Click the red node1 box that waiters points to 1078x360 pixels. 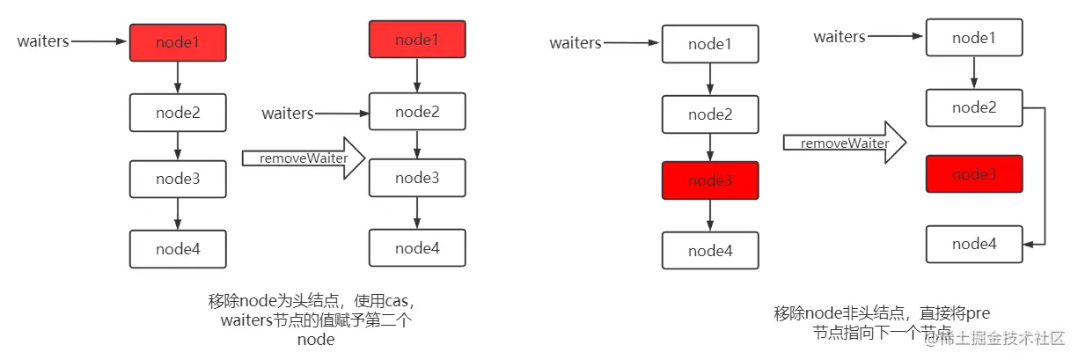(178, 42)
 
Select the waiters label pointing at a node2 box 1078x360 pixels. (288, 114)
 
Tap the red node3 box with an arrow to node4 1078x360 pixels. (710, 180)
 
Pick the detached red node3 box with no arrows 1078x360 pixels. (973, 174)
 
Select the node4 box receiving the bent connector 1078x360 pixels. (973, 243)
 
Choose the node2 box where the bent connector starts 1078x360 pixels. (973, 107)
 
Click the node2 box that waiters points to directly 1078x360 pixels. (417, 112)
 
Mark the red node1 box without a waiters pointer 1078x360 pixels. (417, 40)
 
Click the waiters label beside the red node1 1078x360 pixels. (43, 41)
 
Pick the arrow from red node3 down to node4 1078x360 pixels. (710, 216)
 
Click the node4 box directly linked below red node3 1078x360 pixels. (710, 251)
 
